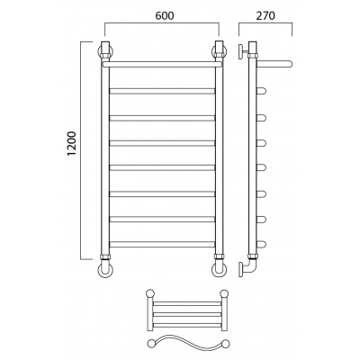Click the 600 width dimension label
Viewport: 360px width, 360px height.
[165, 15]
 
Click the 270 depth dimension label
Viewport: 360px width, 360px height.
[265, 15]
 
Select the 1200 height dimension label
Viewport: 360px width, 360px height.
[72, 144]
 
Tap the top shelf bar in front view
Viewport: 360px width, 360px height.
[162, 64]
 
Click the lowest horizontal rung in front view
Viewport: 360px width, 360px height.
[162, 244]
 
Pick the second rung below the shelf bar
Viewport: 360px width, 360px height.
[162, 118]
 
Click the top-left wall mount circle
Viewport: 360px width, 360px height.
[105, 51]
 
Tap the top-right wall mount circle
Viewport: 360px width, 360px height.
[220, 51]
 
